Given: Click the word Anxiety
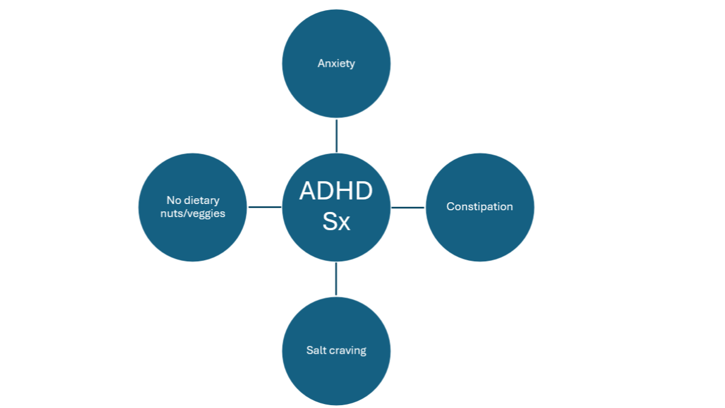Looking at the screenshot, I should (336, 63).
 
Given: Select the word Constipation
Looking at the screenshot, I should (480, 207).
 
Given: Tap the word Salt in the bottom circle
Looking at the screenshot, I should (315, 350).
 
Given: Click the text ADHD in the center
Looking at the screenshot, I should (336, 192).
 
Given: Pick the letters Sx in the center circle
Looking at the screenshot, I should (336, 222).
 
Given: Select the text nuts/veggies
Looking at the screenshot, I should (193, 214).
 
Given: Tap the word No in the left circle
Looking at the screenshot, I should (173, 201).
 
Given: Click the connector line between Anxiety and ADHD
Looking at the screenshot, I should (336, 135).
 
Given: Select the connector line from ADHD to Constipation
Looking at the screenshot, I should (408, 207).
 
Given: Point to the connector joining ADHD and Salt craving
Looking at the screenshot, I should (336, 279).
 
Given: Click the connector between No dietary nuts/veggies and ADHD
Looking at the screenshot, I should (265, 207).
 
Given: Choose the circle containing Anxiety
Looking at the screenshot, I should (336, 34).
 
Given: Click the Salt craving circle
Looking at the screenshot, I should (336, 380).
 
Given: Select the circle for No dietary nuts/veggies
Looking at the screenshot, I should (193, 238).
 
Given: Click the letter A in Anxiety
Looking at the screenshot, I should (321, 63).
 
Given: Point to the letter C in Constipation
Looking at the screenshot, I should (450, 207).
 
